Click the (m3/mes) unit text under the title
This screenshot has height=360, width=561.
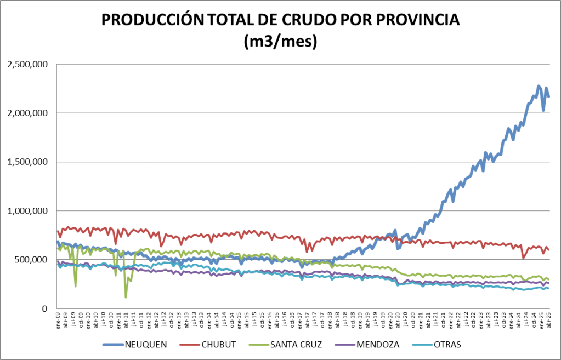280,42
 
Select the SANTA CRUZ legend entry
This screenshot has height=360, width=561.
296,345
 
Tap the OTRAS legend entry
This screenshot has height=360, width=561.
446,345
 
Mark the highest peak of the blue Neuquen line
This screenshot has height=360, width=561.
539,86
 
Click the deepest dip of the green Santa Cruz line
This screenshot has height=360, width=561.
126,297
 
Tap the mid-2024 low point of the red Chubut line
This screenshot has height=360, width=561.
524,258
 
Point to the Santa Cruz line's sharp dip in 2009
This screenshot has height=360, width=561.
75,286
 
